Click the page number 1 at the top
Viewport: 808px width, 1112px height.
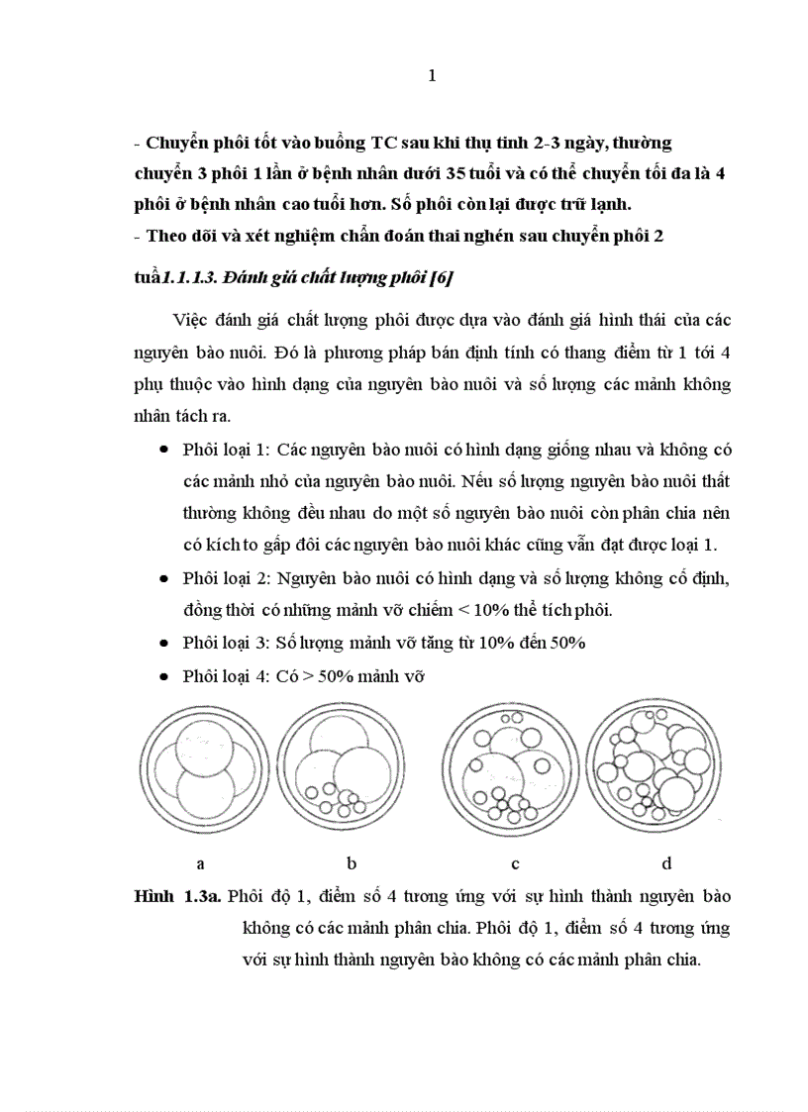pyautogui.click(x=432, y=77)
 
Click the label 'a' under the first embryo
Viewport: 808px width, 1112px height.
pyautogui.click(x=201, y=863)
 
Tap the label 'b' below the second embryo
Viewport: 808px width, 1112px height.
pyautogui.click(x=352, y=863)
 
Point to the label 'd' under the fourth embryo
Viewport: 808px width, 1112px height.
pyautogui.click(x=666, y=863)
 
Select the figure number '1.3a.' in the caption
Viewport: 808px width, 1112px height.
pyautogui.click(x=202, y=897)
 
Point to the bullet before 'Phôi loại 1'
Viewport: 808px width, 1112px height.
pyautogui.click(x=162, y=451)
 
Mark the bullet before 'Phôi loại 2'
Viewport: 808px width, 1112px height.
pyautogui.click(x=162, y=578)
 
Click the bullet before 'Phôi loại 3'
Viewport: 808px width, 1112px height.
pyautogui.click(x=162, y=643)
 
